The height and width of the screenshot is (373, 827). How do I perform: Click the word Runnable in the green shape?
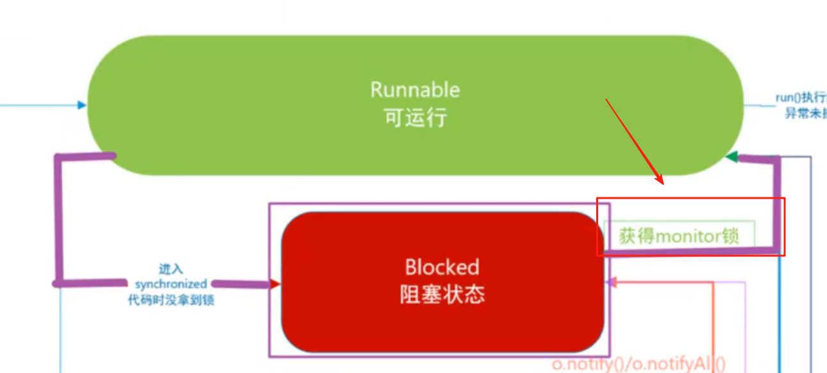pyautogui.click(x=415, y=89)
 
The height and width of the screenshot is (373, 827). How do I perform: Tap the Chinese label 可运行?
pyautogui.click(x=415, y=118)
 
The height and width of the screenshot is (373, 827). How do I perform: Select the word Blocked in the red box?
pyautogui.click(x=442, y=267)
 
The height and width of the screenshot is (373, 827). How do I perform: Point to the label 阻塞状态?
pyautogui.click(x=442, y=294)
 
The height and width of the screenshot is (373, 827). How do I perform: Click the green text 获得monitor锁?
pyautogui.click(x=678, y=236)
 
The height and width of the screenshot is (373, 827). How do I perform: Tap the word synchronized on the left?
pyautogui.click(x=171, y=283)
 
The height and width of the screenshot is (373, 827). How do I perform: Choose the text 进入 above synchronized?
pyautogui.click(x=171, y=269)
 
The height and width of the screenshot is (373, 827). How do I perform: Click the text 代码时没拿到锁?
pyautogui.click(x=171, y=299)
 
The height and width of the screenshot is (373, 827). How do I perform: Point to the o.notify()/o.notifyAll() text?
pyautogui.click(x=639, y=364)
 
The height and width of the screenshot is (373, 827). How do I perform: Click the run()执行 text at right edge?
pyautogui.click(x=801, y=98)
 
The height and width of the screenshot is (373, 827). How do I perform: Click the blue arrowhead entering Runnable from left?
pyautogui.click(x=82, y=104)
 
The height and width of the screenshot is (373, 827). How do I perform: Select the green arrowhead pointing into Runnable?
pyautogui.click(x=730, y=156)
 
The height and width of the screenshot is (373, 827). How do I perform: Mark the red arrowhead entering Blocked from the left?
pyautogui.click(x=276, y=284)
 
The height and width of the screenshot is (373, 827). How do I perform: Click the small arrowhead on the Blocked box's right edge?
pyautogui.click(x=611, y=281)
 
